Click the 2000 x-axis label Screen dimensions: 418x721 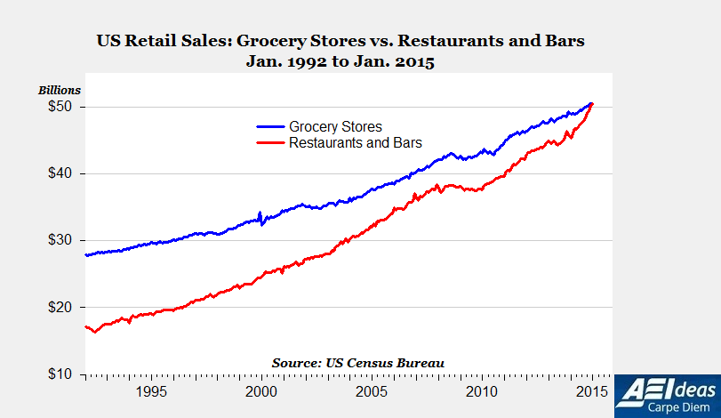pos(260,391)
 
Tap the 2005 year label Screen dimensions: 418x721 pos(371,391)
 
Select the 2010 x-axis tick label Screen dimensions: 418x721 pos(481,391)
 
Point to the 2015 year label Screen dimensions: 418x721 pos(591,391)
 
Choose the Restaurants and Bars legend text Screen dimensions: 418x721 pos(356,142)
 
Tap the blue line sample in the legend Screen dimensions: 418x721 pos(268,127)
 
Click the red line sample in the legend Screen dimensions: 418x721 pos(268,142)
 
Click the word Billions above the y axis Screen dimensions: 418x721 pos(59,90)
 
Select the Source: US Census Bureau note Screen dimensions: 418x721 pos(357,363)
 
